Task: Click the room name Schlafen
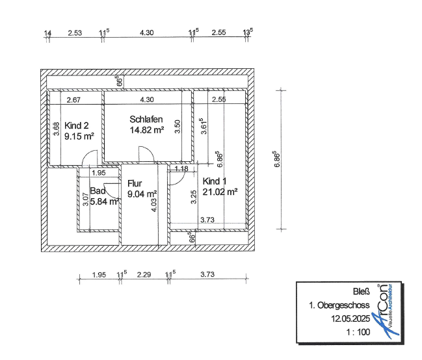point(146,119)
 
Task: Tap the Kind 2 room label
point(77,125)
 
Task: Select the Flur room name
point(135,183)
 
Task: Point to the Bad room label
point(98,191)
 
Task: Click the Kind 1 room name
point(215,181)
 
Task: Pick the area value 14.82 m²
point(147,130)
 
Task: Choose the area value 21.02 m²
point(220,192)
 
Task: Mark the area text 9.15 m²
point(79,136)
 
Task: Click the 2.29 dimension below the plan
point(144,275)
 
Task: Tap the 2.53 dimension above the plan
point(75,33)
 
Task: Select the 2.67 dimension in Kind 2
point(73,100)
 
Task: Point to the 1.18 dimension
point(181,169)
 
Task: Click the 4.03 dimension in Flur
point(153,205)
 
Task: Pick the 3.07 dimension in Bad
point(85,199)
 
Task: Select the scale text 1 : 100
point(358,332)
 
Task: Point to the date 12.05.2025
point(350,319)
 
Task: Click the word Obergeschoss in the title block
point(343,305)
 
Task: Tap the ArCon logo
point(386,311)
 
